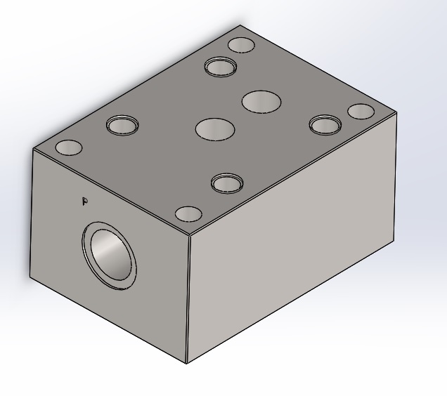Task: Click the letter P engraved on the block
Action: pos(84,201)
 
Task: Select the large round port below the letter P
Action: pos(109,256)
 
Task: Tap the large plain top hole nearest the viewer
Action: pos(215,129)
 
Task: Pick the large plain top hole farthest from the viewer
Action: pos(261,102)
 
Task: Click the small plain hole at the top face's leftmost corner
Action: pos(69,147)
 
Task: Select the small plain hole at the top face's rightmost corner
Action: pos(361,112)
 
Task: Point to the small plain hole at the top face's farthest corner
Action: pos(242,45)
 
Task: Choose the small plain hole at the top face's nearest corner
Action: pos(188,214)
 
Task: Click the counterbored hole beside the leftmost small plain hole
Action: pos(122,126)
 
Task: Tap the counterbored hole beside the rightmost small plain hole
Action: pos(325,125)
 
